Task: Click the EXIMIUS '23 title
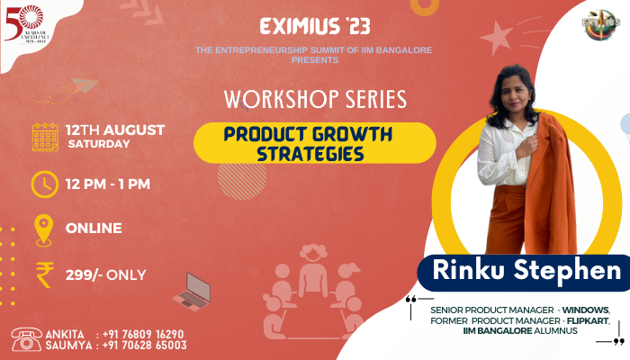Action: (315, 25)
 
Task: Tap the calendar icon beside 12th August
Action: (45, 136)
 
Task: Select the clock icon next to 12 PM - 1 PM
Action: (44, 184)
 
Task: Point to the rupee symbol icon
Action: (44, 274)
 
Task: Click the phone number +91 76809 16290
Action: (144, 333)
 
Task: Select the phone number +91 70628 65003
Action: (144, 345)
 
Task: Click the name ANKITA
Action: (64, 333)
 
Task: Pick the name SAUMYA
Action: (66, 345)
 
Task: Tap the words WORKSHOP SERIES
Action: (315, 96)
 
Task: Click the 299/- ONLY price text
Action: (106, 274)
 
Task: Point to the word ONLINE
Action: (94, 228)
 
